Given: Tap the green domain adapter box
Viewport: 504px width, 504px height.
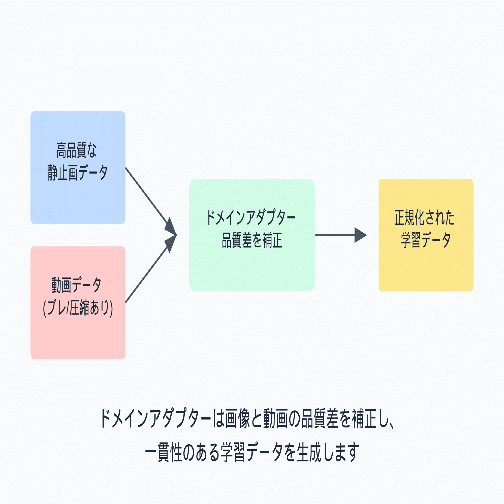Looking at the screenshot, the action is click(252, 235).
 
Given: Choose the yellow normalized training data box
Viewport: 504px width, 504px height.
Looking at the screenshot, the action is click(426, 235).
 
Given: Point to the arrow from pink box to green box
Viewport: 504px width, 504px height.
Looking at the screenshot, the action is click(151, 269).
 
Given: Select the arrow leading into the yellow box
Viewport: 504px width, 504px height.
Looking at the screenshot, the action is click(341, 235).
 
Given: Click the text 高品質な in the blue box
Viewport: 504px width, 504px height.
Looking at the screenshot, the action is click(76, 150).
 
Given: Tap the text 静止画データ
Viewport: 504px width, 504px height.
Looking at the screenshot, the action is click(77, 173).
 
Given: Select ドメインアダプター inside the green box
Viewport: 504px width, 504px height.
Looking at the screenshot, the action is click(250, 217).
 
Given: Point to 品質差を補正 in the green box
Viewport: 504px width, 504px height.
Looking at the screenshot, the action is click(252, 240).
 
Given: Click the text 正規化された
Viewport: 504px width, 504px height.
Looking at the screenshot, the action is click(424, 217).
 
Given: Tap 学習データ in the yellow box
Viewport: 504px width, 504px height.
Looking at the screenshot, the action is click(426, 240).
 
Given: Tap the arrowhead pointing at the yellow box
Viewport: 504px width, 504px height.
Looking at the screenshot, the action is click(361, 235).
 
